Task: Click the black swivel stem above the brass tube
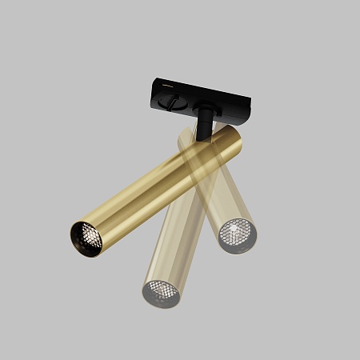206,122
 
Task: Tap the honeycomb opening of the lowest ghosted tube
162,291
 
